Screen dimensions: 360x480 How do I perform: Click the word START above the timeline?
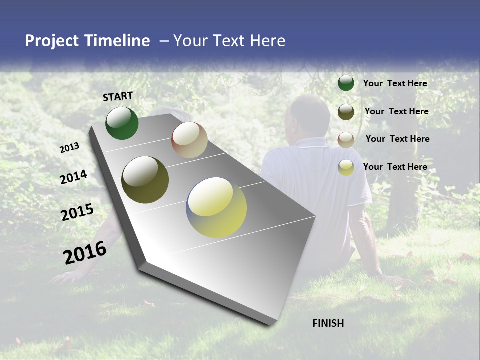118,96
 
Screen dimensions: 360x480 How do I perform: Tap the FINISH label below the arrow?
328,323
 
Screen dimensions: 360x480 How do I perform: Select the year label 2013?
70,148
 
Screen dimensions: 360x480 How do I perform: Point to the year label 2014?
74,177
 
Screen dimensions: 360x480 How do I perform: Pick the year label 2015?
77,212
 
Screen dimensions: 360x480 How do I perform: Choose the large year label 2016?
85,252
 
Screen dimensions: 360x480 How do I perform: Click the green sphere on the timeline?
122,123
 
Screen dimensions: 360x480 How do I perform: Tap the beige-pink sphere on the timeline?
189,140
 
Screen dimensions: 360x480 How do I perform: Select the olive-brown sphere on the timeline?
145,180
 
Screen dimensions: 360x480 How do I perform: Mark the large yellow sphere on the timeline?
216,207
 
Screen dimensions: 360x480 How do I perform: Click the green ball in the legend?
346,83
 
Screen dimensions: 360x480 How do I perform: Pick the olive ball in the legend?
346,112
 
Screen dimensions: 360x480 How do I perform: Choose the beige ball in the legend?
346,140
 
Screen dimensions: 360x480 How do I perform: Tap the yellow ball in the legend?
346,167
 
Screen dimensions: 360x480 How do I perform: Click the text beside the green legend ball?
395,83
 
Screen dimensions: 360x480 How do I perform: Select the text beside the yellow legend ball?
395,167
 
